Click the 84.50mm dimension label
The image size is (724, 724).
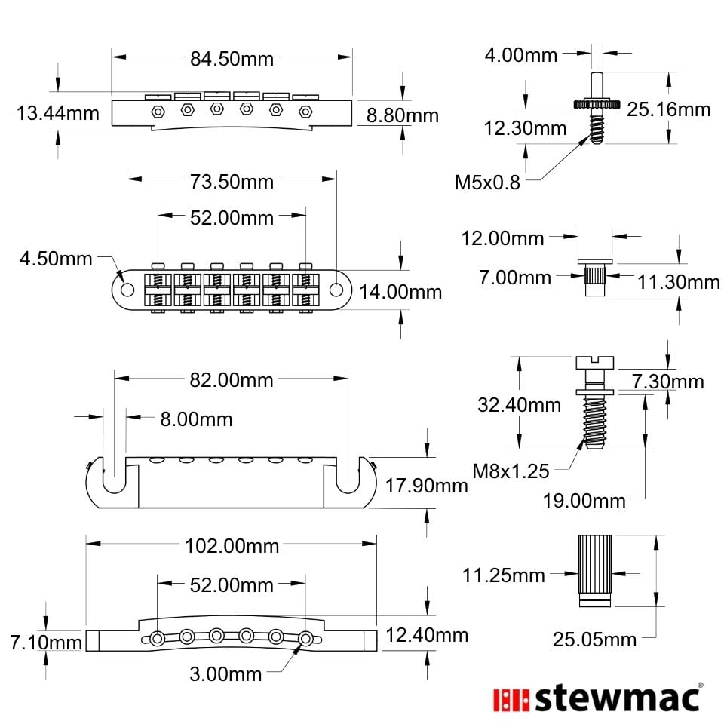(232, 59)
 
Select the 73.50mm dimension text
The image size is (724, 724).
(232, 182)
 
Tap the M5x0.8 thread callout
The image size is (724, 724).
(487, 183)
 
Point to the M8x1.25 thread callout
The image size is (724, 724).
(511, 471)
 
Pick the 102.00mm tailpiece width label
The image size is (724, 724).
(232, 546)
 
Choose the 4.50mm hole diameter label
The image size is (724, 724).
(56, 259)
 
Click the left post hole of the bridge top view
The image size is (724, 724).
(127, 290)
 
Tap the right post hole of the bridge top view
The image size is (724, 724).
(336, 290)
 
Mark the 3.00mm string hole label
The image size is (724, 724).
(225, 674)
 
